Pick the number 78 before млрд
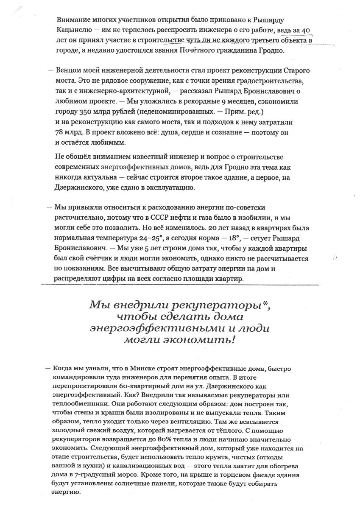[61, 132]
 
